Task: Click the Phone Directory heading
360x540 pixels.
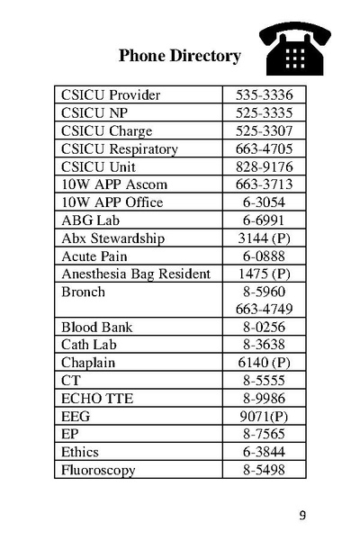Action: click(x=180, y=56)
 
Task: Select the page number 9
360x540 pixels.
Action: click(x=302, y=515)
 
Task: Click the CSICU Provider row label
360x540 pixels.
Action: click(x=108, y=94)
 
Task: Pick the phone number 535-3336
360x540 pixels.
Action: click(x=265, y=94)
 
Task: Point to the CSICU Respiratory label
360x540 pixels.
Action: click(x=119, y=148)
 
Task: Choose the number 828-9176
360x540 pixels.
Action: click(x=265, y=166)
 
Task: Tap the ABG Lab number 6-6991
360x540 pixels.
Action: click(x=265, y=220)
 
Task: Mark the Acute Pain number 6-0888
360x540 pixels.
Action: click(x=265, y=256)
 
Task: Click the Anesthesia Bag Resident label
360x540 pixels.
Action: click(x=135, y=274)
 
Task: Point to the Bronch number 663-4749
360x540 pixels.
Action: click(x=265, y=310)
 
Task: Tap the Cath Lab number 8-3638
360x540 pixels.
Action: click(x=265, y=346)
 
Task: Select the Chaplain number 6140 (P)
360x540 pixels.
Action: click(x=265, y=363)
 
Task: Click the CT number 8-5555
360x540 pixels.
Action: click(x=265, y=381)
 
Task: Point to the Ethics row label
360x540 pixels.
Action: click(x=80, y=452)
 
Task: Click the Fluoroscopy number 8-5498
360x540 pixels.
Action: click(x=265, y=470)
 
